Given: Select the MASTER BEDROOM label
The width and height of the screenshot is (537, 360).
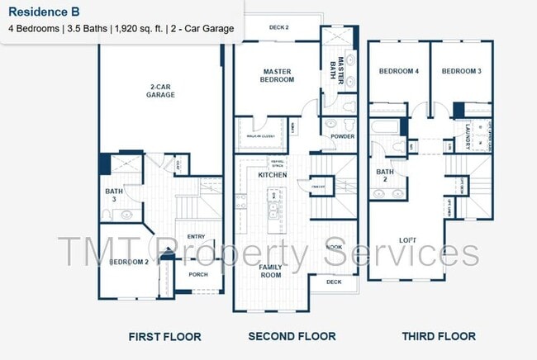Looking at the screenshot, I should (x=278, y=75).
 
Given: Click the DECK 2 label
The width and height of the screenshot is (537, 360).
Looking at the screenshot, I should (x=278, y=27).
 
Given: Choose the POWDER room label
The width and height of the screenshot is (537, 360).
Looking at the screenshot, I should (x=342, y=137).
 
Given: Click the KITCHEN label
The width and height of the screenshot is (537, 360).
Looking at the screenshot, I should (x=273, y=175).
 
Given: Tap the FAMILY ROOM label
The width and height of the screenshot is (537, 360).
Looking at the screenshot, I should (x=271, y=271).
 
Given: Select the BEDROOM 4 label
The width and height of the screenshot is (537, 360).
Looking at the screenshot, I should (x=399, y=72).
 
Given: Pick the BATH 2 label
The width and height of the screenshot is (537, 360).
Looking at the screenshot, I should (x=384, y=176).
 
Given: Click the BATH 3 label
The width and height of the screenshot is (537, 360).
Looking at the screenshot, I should (x=113, y=195).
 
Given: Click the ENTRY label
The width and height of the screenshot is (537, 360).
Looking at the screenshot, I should (x=196, y=236).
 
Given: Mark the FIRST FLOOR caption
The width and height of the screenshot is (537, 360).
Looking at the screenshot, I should (x=164, y=337).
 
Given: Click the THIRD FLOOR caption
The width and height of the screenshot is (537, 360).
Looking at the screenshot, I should (x=438, y=336).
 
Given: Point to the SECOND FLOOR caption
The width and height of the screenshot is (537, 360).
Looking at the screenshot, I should (x=292, y=336).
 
